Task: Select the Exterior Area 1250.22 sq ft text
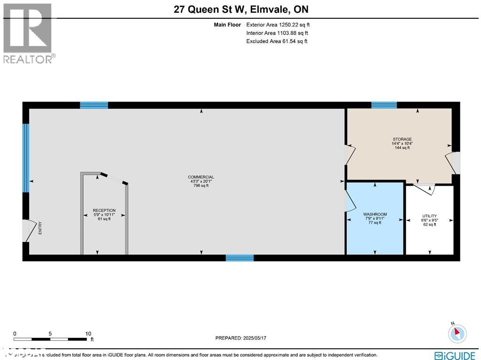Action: click(278, 24)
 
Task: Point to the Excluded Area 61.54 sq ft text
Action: click(277, 41)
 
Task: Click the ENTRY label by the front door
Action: click(40, 228)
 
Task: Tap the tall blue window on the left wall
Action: click(26, 158)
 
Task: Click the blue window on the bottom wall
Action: click(240, 258)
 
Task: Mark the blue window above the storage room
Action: click(384, 105)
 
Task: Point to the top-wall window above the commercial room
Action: click(94, 105)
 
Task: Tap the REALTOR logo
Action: click(28, 33)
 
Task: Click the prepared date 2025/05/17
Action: click(240, 338)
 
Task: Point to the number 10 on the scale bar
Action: click(88, 333)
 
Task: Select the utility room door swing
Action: click(429, 188)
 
